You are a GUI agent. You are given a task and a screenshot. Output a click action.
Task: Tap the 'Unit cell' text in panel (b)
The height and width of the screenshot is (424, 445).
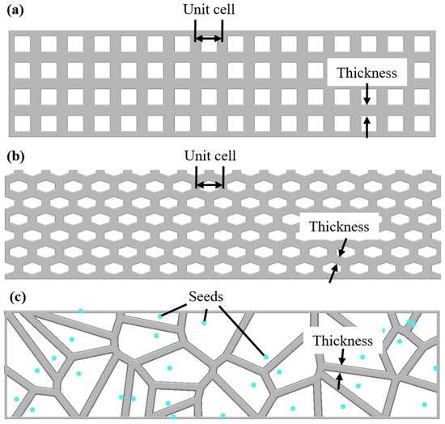point(209,155)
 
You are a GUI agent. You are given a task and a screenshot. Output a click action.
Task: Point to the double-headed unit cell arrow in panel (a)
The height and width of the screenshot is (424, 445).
point(209,38)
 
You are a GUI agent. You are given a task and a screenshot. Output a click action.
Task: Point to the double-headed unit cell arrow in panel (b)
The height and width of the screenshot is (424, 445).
point(209,184)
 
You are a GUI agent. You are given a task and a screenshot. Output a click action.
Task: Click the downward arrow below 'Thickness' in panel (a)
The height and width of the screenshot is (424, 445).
point(367,95)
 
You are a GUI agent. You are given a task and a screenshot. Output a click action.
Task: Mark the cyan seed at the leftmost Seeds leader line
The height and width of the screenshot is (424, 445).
point(159,317)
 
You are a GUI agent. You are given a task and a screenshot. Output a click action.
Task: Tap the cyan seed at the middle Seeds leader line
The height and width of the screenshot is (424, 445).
point(204,323)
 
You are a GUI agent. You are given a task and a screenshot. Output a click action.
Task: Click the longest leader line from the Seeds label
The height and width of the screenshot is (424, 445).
point(241,330)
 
